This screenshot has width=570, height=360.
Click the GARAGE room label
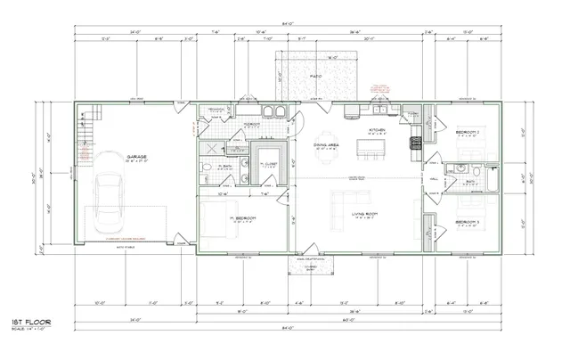point(135,157)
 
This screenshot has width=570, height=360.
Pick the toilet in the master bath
point(206,167)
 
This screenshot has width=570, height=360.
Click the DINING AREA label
point(327,145)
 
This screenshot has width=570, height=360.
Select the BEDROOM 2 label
point(468,132)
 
